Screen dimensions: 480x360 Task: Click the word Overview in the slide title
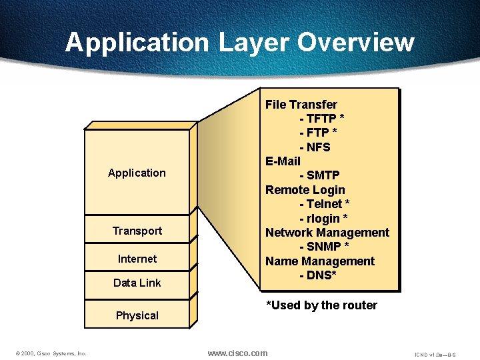356,43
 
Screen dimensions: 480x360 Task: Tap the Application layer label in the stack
137,173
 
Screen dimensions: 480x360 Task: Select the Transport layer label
137,231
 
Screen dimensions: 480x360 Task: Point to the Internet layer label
137,259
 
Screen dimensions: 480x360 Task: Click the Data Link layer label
137,283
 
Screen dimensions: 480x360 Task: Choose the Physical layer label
137,315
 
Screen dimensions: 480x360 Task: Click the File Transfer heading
301,105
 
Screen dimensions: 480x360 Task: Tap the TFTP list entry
321,119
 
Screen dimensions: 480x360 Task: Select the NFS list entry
315,147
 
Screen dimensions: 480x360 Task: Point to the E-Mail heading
283,161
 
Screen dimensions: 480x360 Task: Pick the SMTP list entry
319,175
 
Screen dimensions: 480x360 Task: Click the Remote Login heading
305,190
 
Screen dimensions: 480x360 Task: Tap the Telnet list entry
325,204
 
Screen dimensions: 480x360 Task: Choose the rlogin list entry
323,218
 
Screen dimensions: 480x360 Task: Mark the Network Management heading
327,233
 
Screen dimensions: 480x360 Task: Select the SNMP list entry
324,247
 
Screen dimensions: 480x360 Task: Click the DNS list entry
317,275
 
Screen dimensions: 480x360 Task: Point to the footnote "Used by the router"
321,305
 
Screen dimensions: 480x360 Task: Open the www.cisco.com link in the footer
237,353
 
